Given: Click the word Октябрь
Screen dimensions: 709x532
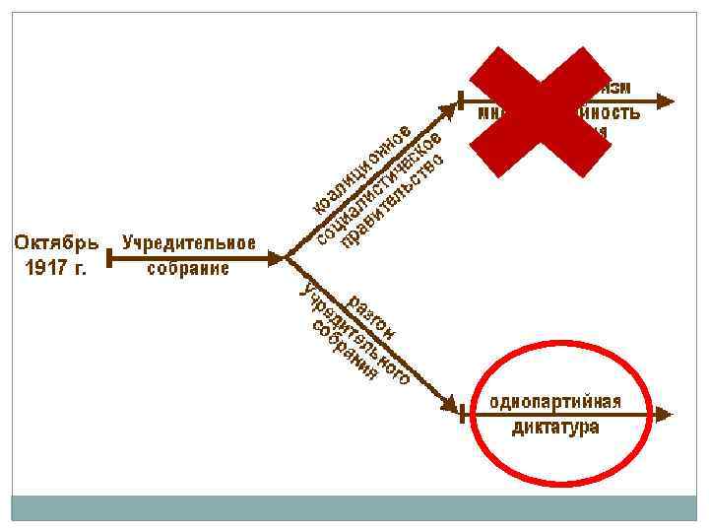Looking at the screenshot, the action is coord(56,242).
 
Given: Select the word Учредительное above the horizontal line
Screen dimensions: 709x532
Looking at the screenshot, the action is coord(188,242).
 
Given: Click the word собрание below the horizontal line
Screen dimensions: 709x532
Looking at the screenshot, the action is coord(188,268).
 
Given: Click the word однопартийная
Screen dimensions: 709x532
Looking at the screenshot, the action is coord(555,402).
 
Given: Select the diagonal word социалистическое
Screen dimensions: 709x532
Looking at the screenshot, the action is coord(379,188).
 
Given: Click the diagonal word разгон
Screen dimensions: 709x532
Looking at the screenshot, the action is coord(372,317).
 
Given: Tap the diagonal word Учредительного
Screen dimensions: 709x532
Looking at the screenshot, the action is coord(354,334).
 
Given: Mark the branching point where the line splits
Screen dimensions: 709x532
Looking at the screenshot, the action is coord(286,258).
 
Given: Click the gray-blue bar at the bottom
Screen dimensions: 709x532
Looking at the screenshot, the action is coord(354,507).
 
